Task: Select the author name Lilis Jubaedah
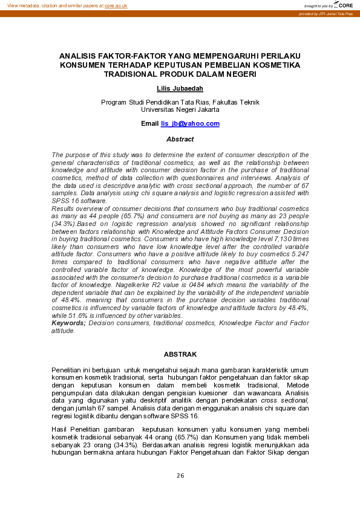[180, 88]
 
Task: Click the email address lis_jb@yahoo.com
[190, 123]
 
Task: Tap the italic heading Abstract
[180, 139]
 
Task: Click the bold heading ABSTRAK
[180, 354]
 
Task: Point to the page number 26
[180, 476]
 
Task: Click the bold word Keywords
[68, 323]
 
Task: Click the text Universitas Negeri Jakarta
[180, 110]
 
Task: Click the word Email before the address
[149, 123]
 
